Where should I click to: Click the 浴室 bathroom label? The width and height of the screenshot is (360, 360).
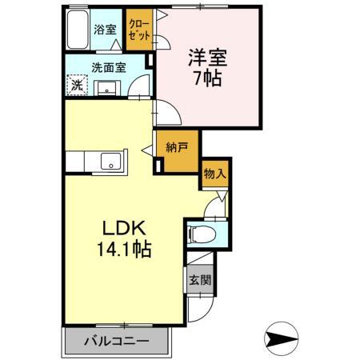point(105,30)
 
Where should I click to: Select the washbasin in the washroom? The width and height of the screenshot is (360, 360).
point(106,86)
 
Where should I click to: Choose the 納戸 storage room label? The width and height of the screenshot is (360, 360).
point(177,147)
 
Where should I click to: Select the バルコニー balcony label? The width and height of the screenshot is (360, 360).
point(117,342)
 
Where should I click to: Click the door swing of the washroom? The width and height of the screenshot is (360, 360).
point(142,83)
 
